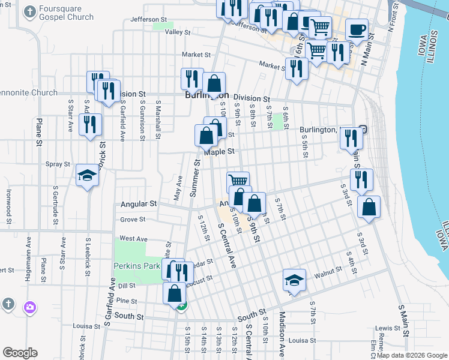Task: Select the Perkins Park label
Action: click(137, 265)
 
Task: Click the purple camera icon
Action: click(29, 307)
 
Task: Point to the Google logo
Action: click(20, 353)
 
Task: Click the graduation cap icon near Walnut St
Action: click(294, 280)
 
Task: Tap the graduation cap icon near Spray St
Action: click(88, 175)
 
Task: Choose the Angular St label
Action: click(138, 204)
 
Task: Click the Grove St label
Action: click(133, 220)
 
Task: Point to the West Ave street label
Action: click(133, 238)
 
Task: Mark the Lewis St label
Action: click(388, 328)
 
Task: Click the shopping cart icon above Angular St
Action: click(238, 181)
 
